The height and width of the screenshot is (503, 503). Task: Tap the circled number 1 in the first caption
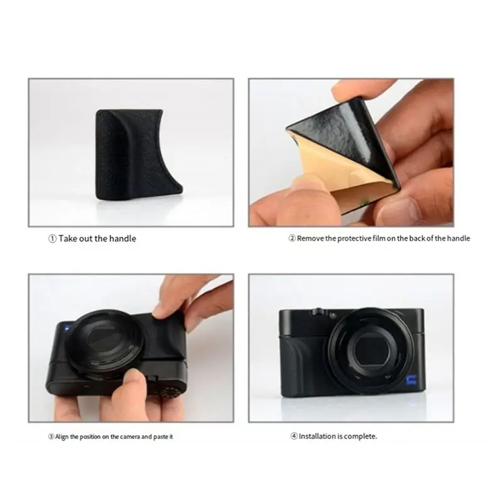52,239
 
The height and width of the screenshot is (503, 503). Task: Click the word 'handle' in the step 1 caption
123,239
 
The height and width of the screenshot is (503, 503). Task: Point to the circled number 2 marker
292,238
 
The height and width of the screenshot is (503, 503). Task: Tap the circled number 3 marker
51,437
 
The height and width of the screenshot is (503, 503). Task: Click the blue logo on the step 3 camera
67,328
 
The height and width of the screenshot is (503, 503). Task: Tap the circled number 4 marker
294,436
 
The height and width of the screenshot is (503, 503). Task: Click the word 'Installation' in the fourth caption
317,436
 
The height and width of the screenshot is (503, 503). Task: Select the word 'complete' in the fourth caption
360,436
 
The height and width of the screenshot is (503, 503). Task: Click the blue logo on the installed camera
411,381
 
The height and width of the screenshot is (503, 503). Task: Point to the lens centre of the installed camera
369,351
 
